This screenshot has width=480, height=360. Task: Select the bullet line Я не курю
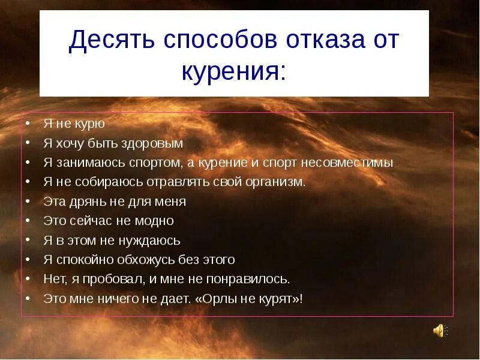coord(74,124)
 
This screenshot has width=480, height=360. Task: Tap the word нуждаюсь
coord(149,240)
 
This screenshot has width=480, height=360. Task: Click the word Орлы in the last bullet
coord(220,298)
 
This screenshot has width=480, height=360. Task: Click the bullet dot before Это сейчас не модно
coord(29,221)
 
